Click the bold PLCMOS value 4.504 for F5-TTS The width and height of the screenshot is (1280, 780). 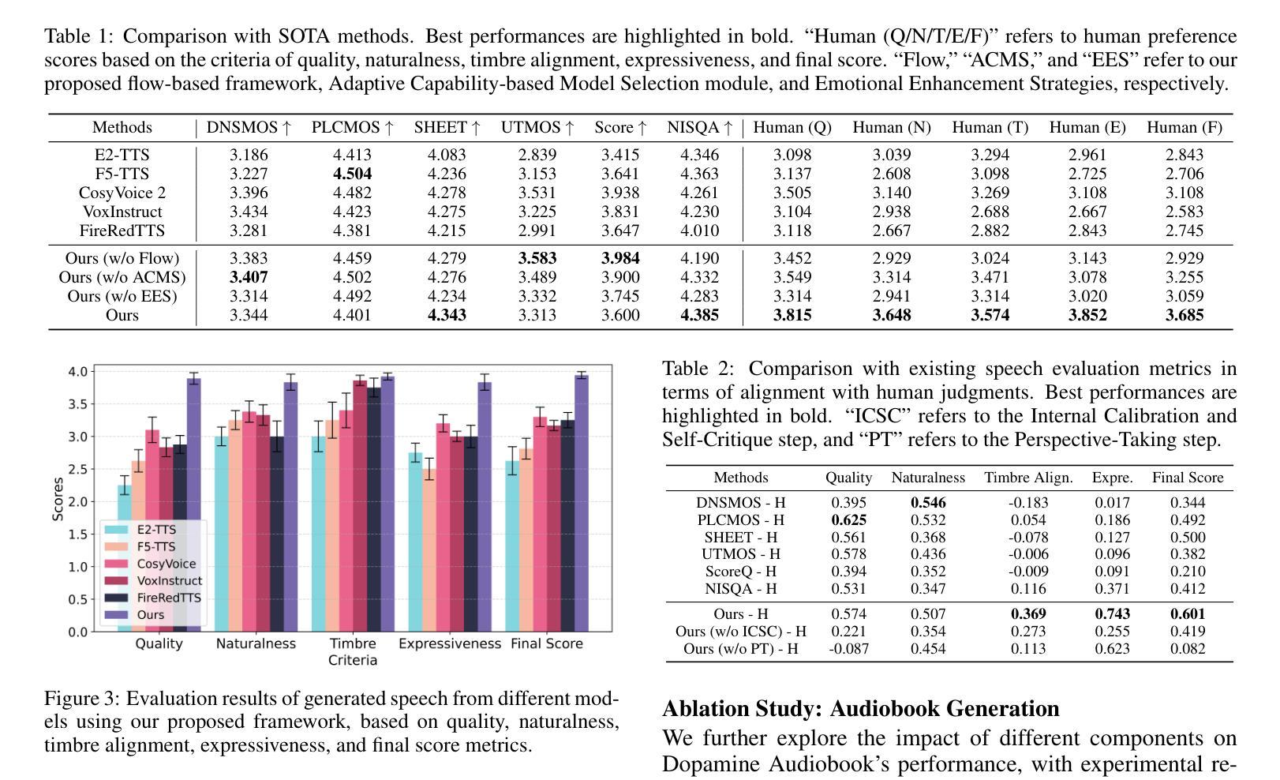coord(352,174)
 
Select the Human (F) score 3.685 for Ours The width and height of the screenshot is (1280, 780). coord(1185,315)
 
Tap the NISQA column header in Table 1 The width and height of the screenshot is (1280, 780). coord(699,127)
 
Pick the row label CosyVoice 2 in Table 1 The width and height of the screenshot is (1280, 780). coord(122,193)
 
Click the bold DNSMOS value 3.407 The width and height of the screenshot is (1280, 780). coord(249,277)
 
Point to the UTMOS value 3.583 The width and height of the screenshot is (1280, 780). coord(537,258)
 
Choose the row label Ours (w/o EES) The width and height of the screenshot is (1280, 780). coord(122,296)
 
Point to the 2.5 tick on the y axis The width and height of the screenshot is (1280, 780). coord(77,470)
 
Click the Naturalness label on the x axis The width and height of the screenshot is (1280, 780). coord(256,643)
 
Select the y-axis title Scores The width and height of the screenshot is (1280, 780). coord(57,499)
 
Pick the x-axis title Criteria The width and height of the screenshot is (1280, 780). coord(353,660)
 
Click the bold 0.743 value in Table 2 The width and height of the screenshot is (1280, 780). coord(1112,614)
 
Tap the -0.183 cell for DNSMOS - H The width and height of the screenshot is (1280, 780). coord(1028,503)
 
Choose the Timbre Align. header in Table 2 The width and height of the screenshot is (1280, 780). coord(1028,478)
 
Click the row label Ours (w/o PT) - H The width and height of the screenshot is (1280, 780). coord(740,649)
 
